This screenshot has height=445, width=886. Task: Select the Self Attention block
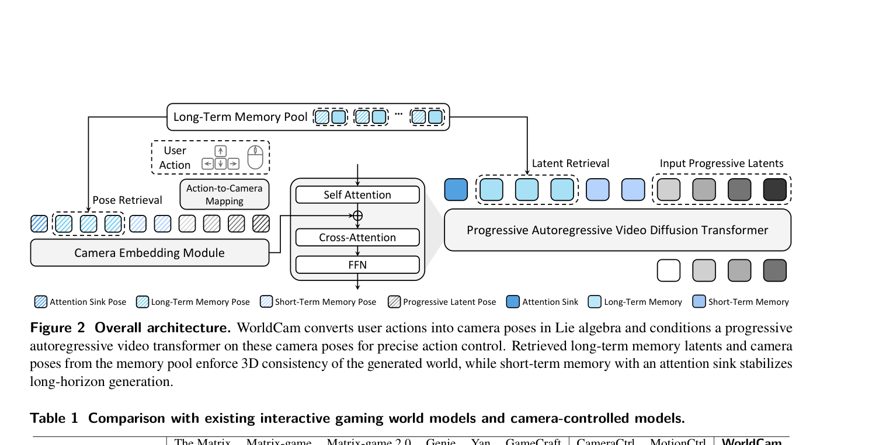(357, 194)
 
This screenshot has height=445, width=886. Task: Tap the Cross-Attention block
(357, 238)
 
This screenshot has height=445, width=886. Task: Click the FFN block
(357, 265)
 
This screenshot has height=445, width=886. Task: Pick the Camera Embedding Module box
(150, 253)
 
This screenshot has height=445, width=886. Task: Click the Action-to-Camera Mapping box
(224, 194)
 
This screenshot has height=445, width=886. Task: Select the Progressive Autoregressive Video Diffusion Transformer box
(617, 230)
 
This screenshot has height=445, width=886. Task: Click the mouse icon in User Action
(255, 157)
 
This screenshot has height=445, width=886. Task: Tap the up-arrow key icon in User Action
(220, 151)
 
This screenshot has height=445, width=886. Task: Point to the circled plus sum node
(357, 215)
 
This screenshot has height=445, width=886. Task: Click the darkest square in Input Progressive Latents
(775, 190)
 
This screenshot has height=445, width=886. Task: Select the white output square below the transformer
(669, 270)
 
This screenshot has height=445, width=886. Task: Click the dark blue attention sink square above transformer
(456, 190)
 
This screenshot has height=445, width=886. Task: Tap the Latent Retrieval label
(570, 164)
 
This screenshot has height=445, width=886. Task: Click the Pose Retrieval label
(127, 200)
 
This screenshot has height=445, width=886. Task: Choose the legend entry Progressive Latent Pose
(449, 302)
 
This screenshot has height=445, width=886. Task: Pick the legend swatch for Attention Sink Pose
(41, 302)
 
